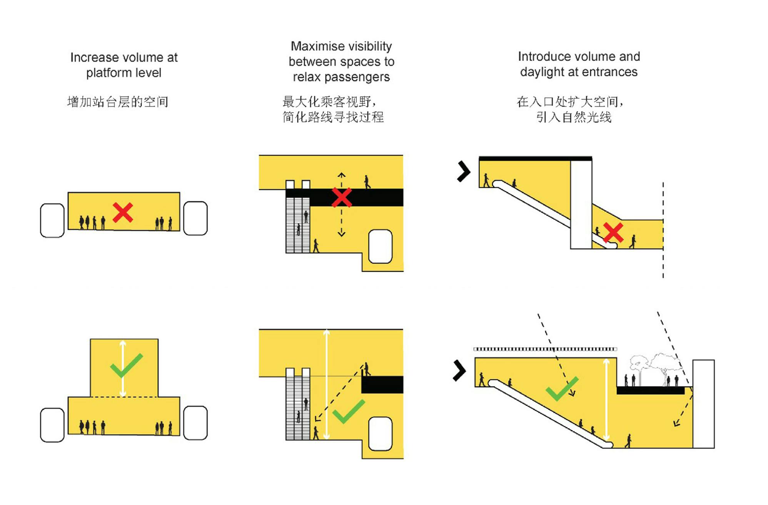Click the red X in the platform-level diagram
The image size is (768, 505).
pyautogui.click(x=123, y=212)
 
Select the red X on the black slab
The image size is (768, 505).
pyautogui.click(x=341, y=197)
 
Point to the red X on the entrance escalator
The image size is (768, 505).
pyautogui.click(x=613, y=232)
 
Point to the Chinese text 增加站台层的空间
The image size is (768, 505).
pyautogui.click(x=117, y=102)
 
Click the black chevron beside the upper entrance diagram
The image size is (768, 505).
pyautogui.click(x=464, y=171)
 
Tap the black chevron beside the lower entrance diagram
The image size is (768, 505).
pyautogui.click(x=459, y=371)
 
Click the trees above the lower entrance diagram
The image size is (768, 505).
pyautogui.click(x=654, y=366)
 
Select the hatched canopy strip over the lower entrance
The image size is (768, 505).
pyautogui.click(x=545, y=349)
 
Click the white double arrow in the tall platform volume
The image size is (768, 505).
pyautogui.click(x=122, y=368)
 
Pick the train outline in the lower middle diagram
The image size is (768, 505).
pyautogui.click(x=380, y=433)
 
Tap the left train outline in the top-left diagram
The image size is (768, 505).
pyautogui.click(x=52, y=221)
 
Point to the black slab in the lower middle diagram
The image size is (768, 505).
pyautogui.click(x=382, y=385)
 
